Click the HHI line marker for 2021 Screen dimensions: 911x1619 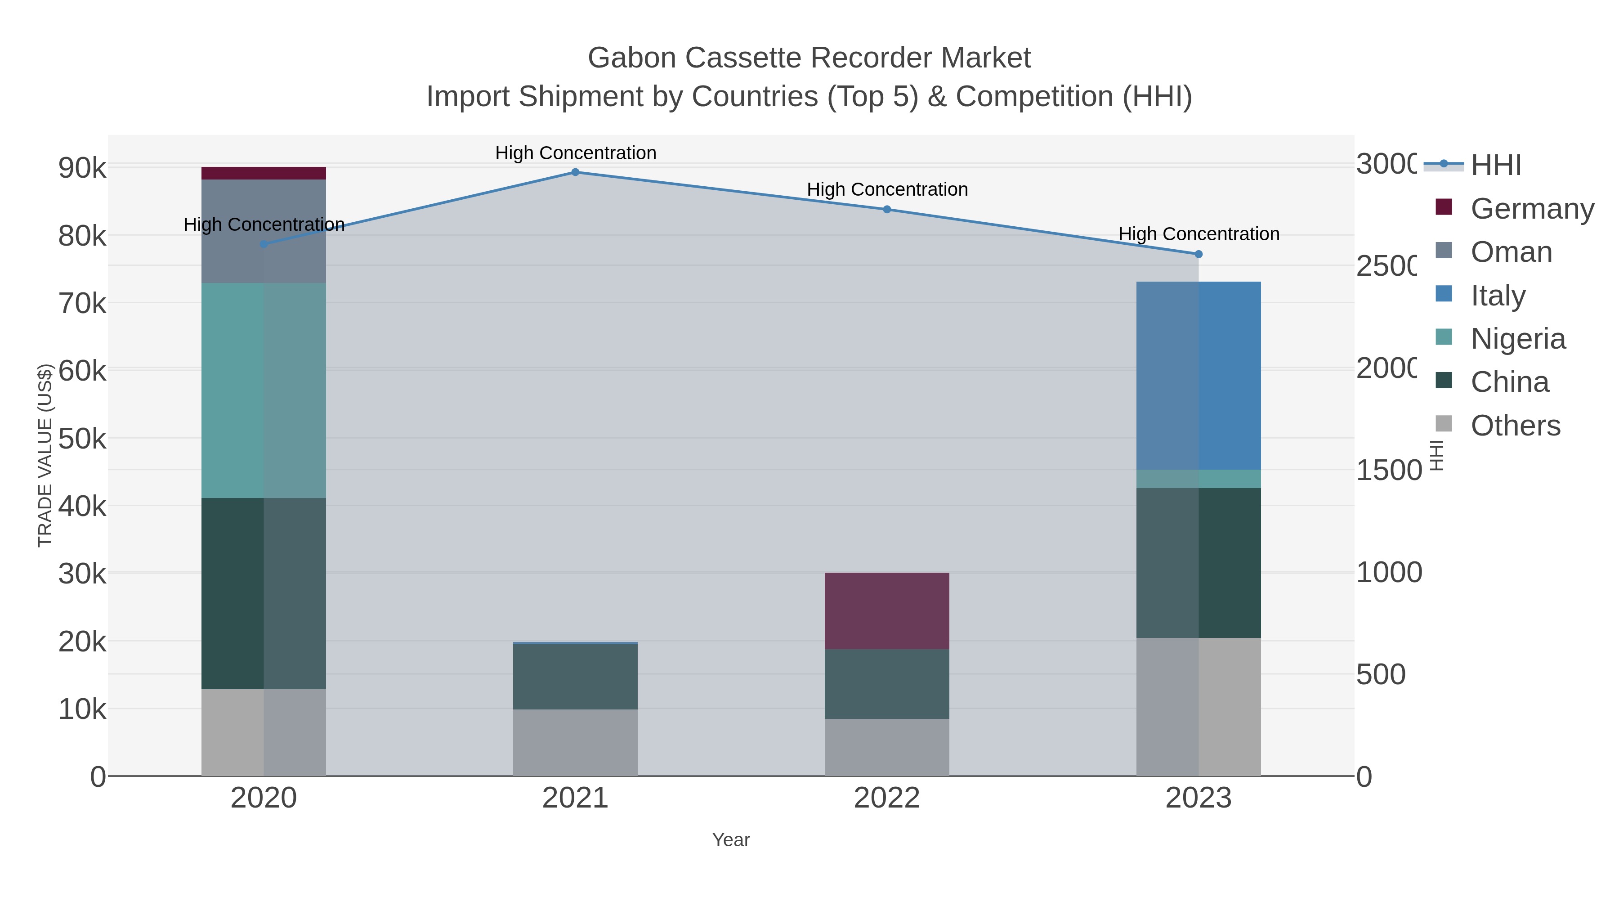[575, 172]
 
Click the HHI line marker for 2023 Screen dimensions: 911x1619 [1198, 254]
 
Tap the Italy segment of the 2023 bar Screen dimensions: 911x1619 [1198, 375]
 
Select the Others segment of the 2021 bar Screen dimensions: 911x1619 [575, 742]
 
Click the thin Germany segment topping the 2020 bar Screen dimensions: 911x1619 [264, 173]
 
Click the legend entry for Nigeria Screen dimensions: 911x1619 [1517, 338]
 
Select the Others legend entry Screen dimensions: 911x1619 [1515, 426]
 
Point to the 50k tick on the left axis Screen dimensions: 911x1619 [82, 439]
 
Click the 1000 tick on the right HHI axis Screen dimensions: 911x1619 [1388, 572]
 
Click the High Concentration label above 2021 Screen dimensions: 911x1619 [575, 153]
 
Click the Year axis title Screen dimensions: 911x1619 [730, 839]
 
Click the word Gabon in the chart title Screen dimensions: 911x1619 [632, 58]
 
